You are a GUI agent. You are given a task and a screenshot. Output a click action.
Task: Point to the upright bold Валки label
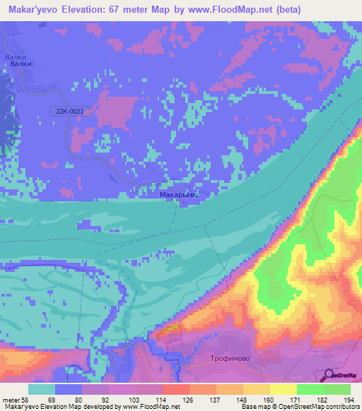click(21, 64)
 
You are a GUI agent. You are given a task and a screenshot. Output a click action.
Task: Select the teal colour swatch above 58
click(42, 389)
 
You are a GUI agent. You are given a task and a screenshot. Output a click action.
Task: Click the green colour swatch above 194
click(337, 389)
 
